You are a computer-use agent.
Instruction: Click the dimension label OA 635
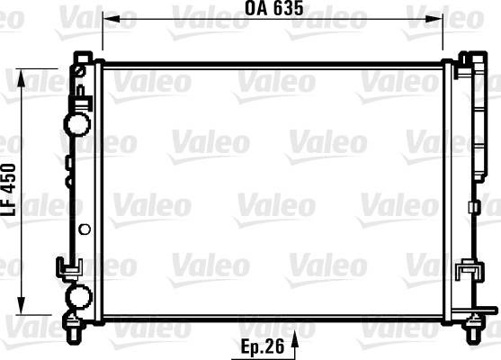tap(273, 8)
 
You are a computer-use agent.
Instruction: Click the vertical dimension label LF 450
tap(9, 190)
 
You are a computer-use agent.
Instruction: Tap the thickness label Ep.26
tap(263, 346)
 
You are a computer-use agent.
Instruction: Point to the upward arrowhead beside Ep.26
tap(295, 339)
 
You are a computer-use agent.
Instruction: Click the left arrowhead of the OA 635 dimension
tap(111, 19)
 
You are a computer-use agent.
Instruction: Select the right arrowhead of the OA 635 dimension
tap(434, 19)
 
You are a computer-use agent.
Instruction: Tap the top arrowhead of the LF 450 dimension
tap(21, 77)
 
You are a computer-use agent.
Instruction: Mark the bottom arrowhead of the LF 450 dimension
tap(21, 306)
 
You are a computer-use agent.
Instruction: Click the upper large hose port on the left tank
tap(77, 124)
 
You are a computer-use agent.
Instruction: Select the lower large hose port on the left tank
tap(78, 296)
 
